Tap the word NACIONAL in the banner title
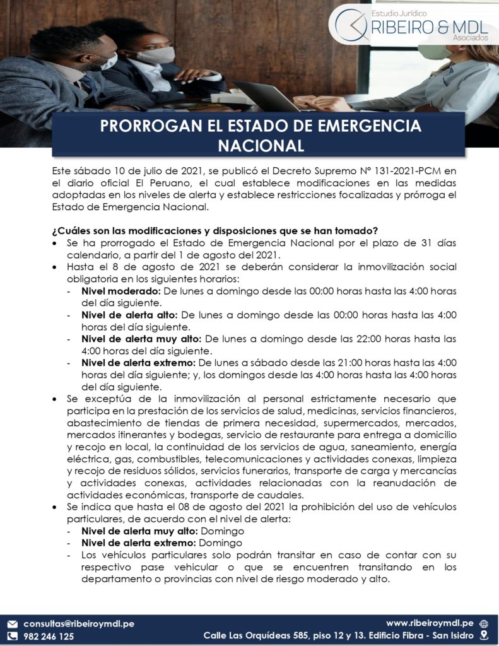[x=261, y=146]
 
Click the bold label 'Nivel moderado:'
[x=121, y=291]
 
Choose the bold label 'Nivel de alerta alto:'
[x=130, y=315]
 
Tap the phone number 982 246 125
[x=49, y=637]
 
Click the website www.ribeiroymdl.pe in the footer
[x=430, y=623]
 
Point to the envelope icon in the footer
[x=11, y=624]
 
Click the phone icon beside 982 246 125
[x=11, y=637]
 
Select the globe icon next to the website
[x=483, y=623]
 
